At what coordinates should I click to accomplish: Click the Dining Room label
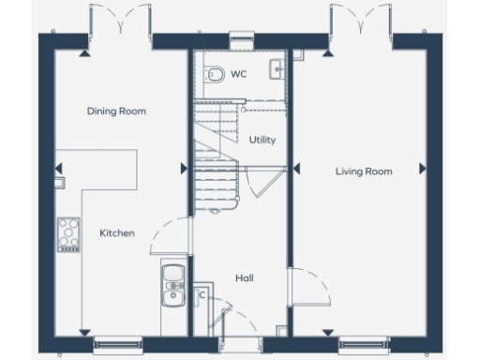pos(116,112)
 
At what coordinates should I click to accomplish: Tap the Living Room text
pos(364,171)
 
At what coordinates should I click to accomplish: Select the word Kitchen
pos(117,232)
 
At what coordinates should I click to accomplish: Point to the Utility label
pos(262,140)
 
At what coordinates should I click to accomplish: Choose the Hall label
pos(244,277)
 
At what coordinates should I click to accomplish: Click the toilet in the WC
pos(213,72)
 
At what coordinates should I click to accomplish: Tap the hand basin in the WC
pos(277,67)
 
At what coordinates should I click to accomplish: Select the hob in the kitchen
pos(68,232)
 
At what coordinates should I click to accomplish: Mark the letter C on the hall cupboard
pos(202,294)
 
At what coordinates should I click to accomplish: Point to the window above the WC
pos(242,37)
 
